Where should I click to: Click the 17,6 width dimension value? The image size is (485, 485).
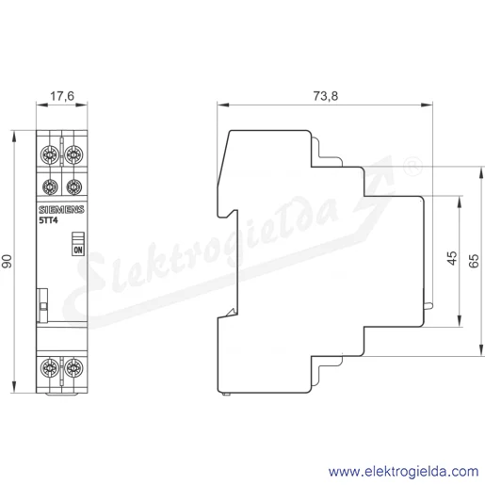pos(62,96)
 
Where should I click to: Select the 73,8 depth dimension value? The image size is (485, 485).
pos(326,96)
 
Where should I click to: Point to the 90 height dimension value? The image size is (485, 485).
pos(7,261)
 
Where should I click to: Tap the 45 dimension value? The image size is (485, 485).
pos(452,258)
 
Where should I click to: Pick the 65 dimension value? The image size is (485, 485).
pos(474,261)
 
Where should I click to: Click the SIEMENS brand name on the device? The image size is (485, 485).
pos(61,210)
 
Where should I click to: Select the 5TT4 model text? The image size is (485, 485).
pos(48,220)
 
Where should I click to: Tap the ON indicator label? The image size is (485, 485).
pos(78,250)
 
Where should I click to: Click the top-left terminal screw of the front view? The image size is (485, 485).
pos(50,154)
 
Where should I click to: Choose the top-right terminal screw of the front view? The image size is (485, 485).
pos(73,154)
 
